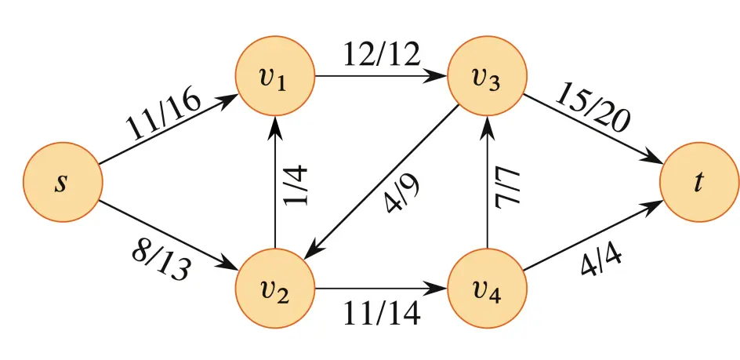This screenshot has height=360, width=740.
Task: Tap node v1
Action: (x=275, y=77)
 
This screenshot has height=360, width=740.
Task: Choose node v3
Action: (x=487, y=77)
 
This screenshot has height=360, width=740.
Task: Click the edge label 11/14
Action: (x=381, y=313)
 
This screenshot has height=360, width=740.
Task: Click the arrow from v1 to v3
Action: (x=381, y=77)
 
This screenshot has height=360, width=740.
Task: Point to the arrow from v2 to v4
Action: (x=381, y=288)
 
